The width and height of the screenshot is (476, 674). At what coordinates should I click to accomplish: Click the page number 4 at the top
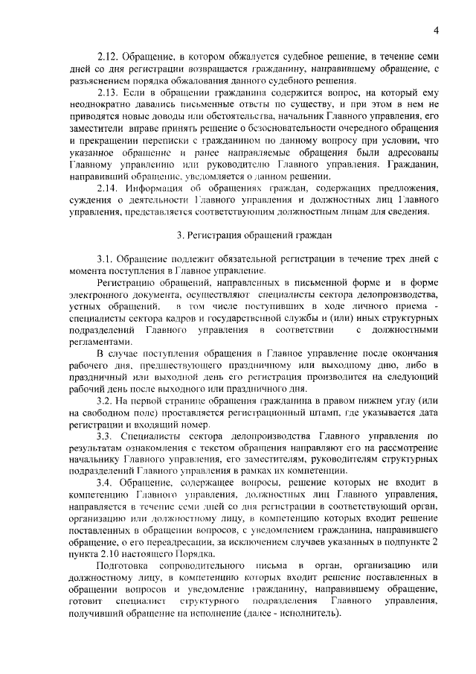[x=437, y=29]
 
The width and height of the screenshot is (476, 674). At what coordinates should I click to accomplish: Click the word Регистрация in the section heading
[x=220, y=235]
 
